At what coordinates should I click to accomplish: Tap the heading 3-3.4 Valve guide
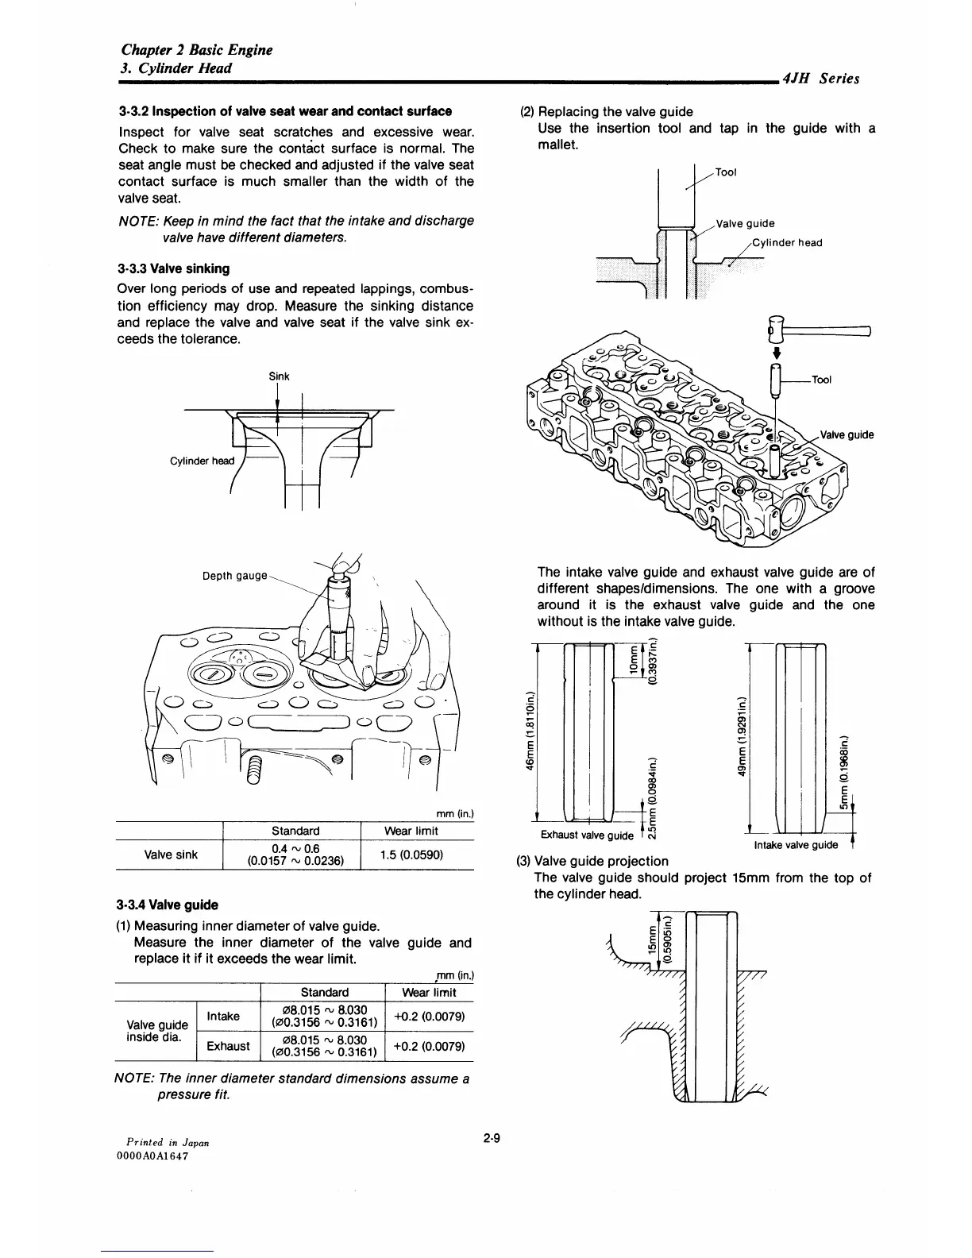[x=167, y=905]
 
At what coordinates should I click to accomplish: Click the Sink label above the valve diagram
[x=279, y=376]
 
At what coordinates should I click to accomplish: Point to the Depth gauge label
[x=235, y=576]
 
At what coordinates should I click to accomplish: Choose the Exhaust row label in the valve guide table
[x=228, y=1046]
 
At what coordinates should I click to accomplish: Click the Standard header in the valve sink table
[x=295, y=831]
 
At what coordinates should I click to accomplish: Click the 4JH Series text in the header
[x=820, y=78]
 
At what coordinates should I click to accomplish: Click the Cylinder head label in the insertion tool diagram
[x=786, y=243]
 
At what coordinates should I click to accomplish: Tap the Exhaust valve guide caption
[x=587, y=835]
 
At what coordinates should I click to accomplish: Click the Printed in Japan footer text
[x=162, y=1142]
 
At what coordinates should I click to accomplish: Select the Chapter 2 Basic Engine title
[x=195, y=49]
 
